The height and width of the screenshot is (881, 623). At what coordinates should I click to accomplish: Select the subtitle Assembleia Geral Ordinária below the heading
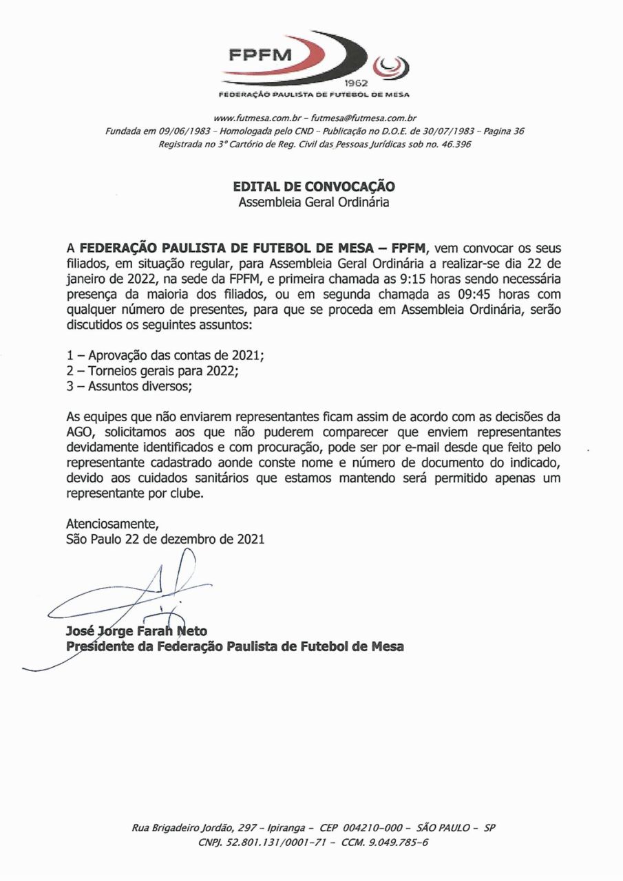pos(314,202)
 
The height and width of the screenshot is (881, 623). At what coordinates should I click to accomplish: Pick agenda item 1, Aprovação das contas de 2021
pos(165,356)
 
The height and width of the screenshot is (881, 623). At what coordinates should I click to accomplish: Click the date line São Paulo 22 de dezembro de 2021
pos(165,540)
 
